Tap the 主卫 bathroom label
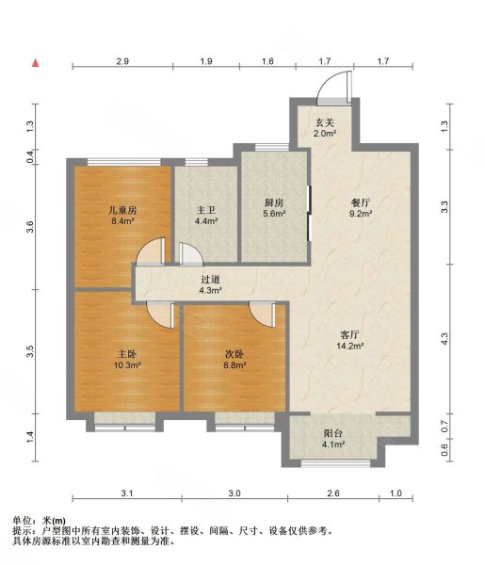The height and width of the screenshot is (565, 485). [206, 210]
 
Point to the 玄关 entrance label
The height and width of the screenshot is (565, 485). [326, 122]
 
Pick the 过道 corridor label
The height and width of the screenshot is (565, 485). [210, 279]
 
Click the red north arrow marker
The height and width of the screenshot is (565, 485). [36, 63]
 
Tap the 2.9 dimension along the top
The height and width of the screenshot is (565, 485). [122, 62]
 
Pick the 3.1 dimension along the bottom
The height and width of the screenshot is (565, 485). [128, 493]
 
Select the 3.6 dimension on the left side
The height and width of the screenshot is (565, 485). [30, 227]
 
